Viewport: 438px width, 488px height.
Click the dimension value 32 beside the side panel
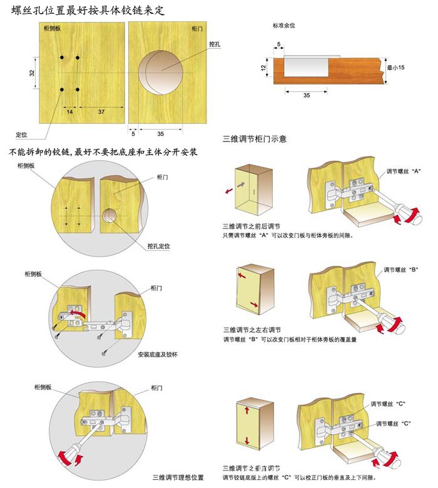pyautogui.click(x=32, y=73)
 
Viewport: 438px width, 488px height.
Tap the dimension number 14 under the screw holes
pyautogui.click(x=69, y=112)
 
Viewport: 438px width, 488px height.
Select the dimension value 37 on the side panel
pyautogui.click(x=101, y=112)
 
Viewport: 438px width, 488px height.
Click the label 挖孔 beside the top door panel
pyautogui.click(x=215, y=44)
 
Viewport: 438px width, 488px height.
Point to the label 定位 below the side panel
pyautogui.click(x=21, y=135)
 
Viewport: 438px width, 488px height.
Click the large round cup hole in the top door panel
pyautogui.click(x=161, y=73)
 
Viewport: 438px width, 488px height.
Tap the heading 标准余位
pyautogui.click(x=284, y=26)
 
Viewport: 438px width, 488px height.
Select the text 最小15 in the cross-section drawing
pyautogui.click(x=395, y=67)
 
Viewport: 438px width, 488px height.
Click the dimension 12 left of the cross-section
pyautogui.click(x=263, y=68)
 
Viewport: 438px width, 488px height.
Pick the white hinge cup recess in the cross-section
pyautogui.click(x=306, y=67)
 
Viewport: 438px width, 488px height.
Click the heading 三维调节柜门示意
pyautogui.click(x=254, y=139)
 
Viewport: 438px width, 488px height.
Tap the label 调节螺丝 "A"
pyautogui.click(x=404, y=171)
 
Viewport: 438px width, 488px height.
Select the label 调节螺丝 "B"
pyautogui.click(x=401, y=270)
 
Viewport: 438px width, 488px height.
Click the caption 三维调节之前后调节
pyautogui.click(x=252, y=226)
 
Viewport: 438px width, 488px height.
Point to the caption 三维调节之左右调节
pyautogui.click(x=252, y=330)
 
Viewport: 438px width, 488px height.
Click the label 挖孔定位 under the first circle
pyautogui.click(x=159, y=246)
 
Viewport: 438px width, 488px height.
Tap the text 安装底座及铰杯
pyautogui.click(x=158, y=355)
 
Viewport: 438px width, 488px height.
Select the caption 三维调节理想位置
pyautogui.click(x=178, y=477)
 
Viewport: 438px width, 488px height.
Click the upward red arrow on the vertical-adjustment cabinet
pyautogui.click(x=247, y=410)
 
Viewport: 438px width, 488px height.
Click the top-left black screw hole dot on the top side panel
pyautogui.click(x=62, y=58)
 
